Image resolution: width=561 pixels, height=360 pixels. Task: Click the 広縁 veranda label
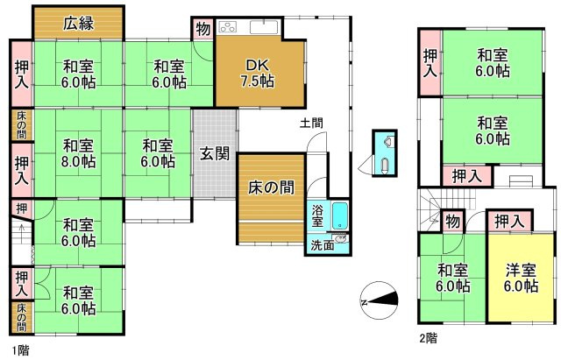tap(77, 24)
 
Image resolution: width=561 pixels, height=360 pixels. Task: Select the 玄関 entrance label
tap(214, 154)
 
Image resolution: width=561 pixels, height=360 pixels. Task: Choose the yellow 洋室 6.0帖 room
tap(521, 278)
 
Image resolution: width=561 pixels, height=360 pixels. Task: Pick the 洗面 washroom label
tap(322, 245)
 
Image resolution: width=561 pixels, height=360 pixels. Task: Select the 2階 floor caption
tap(428, 336)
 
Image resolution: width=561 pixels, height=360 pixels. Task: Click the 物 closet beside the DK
tap(202, 29)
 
